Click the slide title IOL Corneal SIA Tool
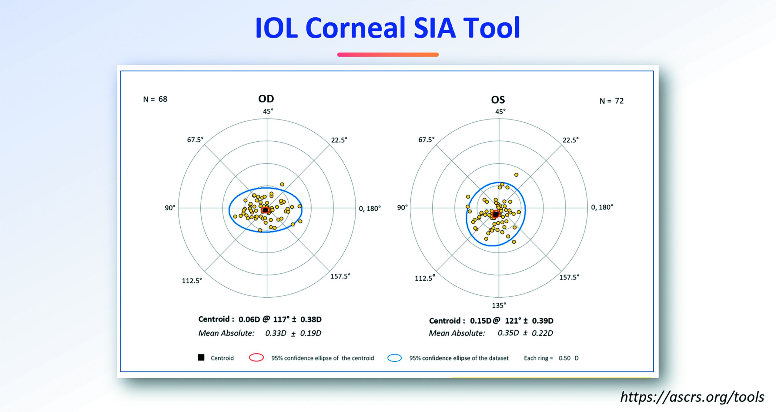[388, 28]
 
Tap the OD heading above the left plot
[266, 99]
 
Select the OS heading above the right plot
[498, 100]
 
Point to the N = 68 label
[155, 99]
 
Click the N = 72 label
[612, 101]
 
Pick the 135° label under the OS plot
[499, 305]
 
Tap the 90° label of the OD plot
[170, 208]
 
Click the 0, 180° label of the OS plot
[602, 207]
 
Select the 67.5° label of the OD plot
[195, 140]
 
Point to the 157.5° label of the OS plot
[569, 277]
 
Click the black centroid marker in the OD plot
[266, 210]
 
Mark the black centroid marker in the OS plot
[496, 214]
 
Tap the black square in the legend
[201, 358]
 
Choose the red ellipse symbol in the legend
[256, 358]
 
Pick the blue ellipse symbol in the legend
[395, 358]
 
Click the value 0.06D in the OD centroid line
[249, 319]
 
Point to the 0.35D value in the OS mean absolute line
[508, 333]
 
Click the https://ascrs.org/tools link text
[692, 397]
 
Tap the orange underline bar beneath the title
[388, 55]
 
